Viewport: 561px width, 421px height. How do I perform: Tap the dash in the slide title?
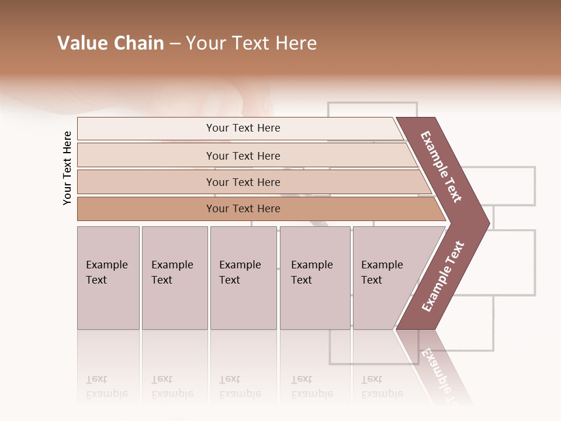[x=175, y=44]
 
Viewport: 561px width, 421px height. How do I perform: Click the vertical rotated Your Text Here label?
[x=67, y=168]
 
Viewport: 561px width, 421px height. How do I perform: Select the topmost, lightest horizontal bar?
[x=243, y=128]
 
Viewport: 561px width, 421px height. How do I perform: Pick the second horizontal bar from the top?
[x=243, y=156]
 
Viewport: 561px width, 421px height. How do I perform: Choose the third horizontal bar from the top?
[x=243, y=182]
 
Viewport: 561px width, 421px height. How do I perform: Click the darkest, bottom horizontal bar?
[x=243, y=209]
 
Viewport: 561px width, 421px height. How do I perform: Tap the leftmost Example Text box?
[x=108, y=278]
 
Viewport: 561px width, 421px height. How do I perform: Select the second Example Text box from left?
[x=174, y=278]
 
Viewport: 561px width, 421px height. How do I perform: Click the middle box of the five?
[x=243, y=278]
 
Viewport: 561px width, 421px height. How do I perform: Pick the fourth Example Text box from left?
[x=314, y=278]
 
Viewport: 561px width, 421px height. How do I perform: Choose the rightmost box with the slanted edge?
[x=386, y=278]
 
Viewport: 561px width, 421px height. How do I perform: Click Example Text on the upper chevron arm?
[x=441, y=167]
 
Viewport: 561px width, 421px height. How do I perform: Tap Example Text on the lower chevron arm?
[x=442, y=277]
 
